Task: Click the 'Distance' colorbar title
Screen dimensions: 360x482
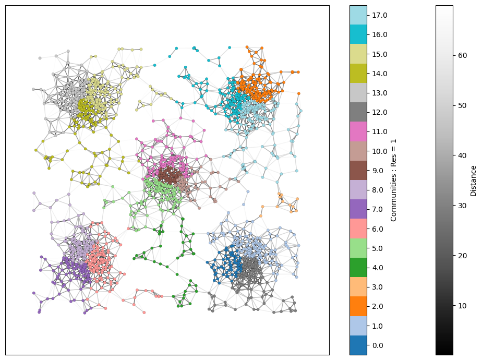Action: click(474, 180)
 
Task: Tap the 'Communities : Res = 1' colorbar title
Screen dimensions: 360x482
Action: click(394, 180)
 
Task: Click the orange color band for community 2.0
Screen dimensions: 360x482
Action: click(358, 306)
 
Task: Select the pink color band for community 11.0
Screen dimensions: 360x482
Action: click(358, 131)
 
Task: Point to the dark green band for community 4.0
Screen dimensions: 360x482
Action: click(358, 268)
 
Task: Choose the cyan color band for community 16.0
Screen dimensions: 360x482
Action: click(358, 34)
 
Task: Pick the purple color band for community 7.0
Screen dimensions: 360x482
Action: click(358, 209)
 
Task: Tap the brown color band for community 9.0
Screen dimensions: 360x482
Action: click(358, 171)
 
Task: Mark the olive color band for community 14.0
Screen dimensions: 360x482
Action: click(358, 74)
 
